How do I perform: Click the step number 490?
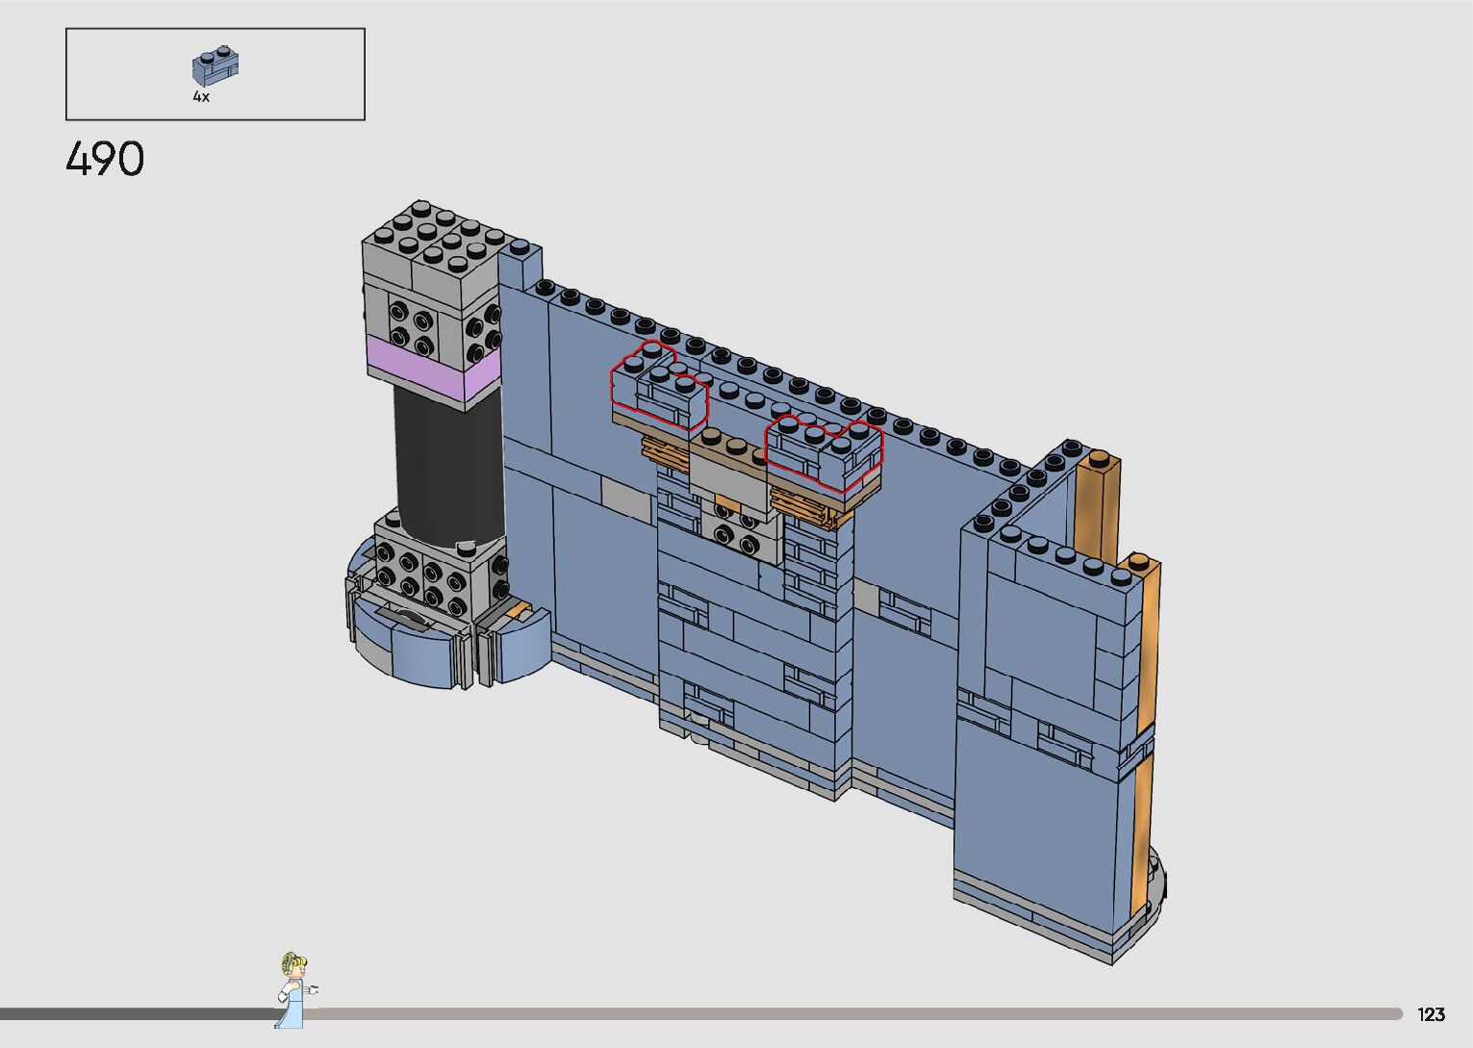[x=105, y=159]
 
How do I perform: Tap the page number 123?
[x=1431, y=1014]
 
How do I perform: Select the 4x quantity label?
[x=201, y=96]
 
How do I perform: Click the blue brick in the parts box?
[x=216, y=65]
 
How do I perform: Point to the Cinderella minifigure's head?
[x=293, y=965]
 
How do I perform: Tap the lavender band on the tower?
[x=434, y=369]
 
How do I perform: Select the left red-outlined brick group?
[x=659, y=386]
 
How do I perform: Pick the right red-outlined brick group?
[x=825, y=450]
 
